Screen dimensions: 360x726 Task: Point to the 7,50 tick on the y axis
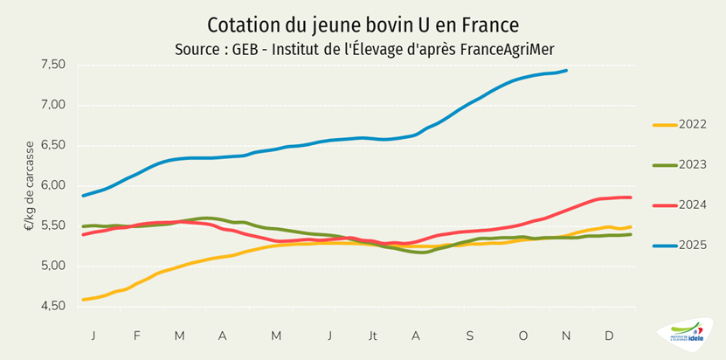(53, 65)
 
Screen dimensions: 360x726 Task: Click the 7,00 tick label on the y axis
(53, 105)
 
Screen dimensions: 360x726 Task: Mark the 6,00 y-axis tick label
(53, 185)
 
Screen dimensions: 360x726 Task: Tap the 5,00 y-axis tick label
(53, 266)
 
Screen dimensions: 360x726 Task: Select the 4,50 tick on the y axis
(53, 306)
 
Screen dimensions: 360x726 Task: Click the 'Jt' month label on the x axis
(373, 336)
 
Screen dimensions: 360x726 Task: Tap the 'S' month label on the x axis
(469, 336)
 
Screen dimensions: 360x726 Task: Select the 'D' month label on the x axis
(609, 336)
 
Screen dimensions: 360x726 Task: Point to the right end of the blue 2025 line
(566, 71)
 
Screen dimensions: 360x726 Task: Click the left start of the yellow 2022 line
(83, 300)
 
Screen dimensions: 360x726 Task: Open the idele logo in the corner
(686, 335)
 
